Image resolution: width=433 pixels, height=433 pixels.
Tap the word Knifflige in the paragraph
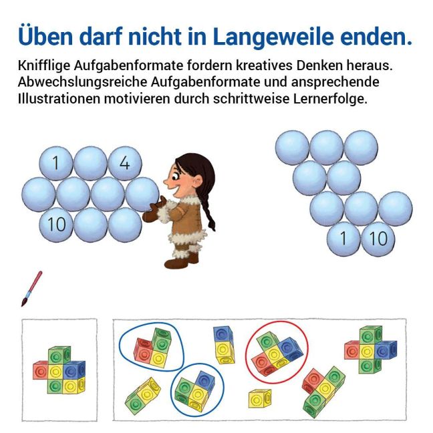pyautogui.click(x=43, y=66)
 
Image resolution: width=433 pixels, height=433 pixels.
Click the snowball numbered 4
pyautogui.click(x=125, y=163)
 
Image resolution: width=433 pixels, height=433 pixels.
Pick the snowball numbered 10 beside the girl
pyautogui.click(x=56, y=224)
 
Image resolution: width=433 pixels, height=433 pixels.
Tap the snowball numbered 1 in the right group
pyautogui.click(x=343, y=239)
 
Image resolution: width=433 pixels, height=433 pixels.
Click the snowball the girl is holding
pyautogui.click(x=142, y=194)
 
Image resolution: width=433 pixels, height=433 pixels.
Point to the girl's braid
pyautogui.click(x=208, y=210)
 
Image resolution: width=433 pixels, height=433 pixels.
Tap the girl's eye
pyautogui.click(x=176, y=175)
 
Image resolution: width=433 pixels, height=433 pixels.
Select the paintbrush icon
pyautogui.click(x=32, y=289)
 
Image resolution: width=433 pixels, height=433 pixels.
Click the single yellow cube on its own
pyautogui.click(x=259, y=398)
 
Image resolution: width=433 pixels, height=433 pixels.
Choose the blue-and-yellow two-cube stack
pyautogui.click(x=224, y=345)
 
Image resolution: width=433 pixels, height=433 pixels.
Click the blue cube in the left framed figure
pyautogui.click(x=74, y=370)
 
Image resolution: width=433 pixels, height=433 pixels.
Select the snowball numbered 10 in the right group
pyautogui.click(x=378, y=239)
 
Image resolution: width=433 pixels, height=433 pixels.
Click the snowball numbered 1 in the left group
pyautogui.click(x=56, y=163)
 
